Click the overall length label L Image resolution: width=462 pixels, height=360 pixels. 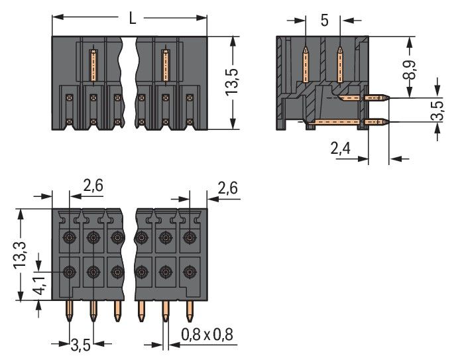coord(132,19)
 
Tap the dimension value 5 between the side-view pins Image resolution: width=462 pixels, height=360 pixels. coord(324,20)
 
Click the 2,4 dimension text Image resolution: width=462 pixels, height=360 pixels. coord(340,150)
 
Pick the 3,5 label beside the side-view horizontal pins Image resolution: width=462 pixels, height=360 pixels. coord(438,111)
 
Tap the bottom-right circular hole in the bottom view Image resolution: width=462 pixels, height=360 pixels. coord(190,271)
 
